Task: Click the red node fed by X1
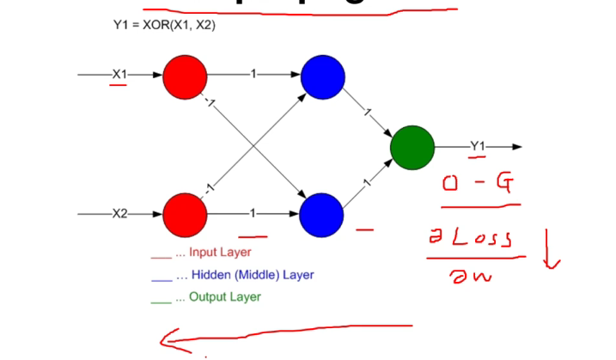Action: coord(185,76)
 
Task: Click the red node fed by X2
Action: coord(185,214)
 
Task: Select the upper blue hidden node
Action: coord(322,76)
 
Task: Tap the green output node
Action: coord(412,147)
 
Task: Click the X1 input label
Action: coord(119,75)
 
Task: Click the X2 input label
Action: coord(119,214)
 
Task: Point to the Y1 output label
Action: coord(478,147)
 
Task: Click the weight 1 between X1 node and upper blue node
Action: coord(253,75)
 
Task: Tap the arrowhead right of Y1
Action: coord(516,147)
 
